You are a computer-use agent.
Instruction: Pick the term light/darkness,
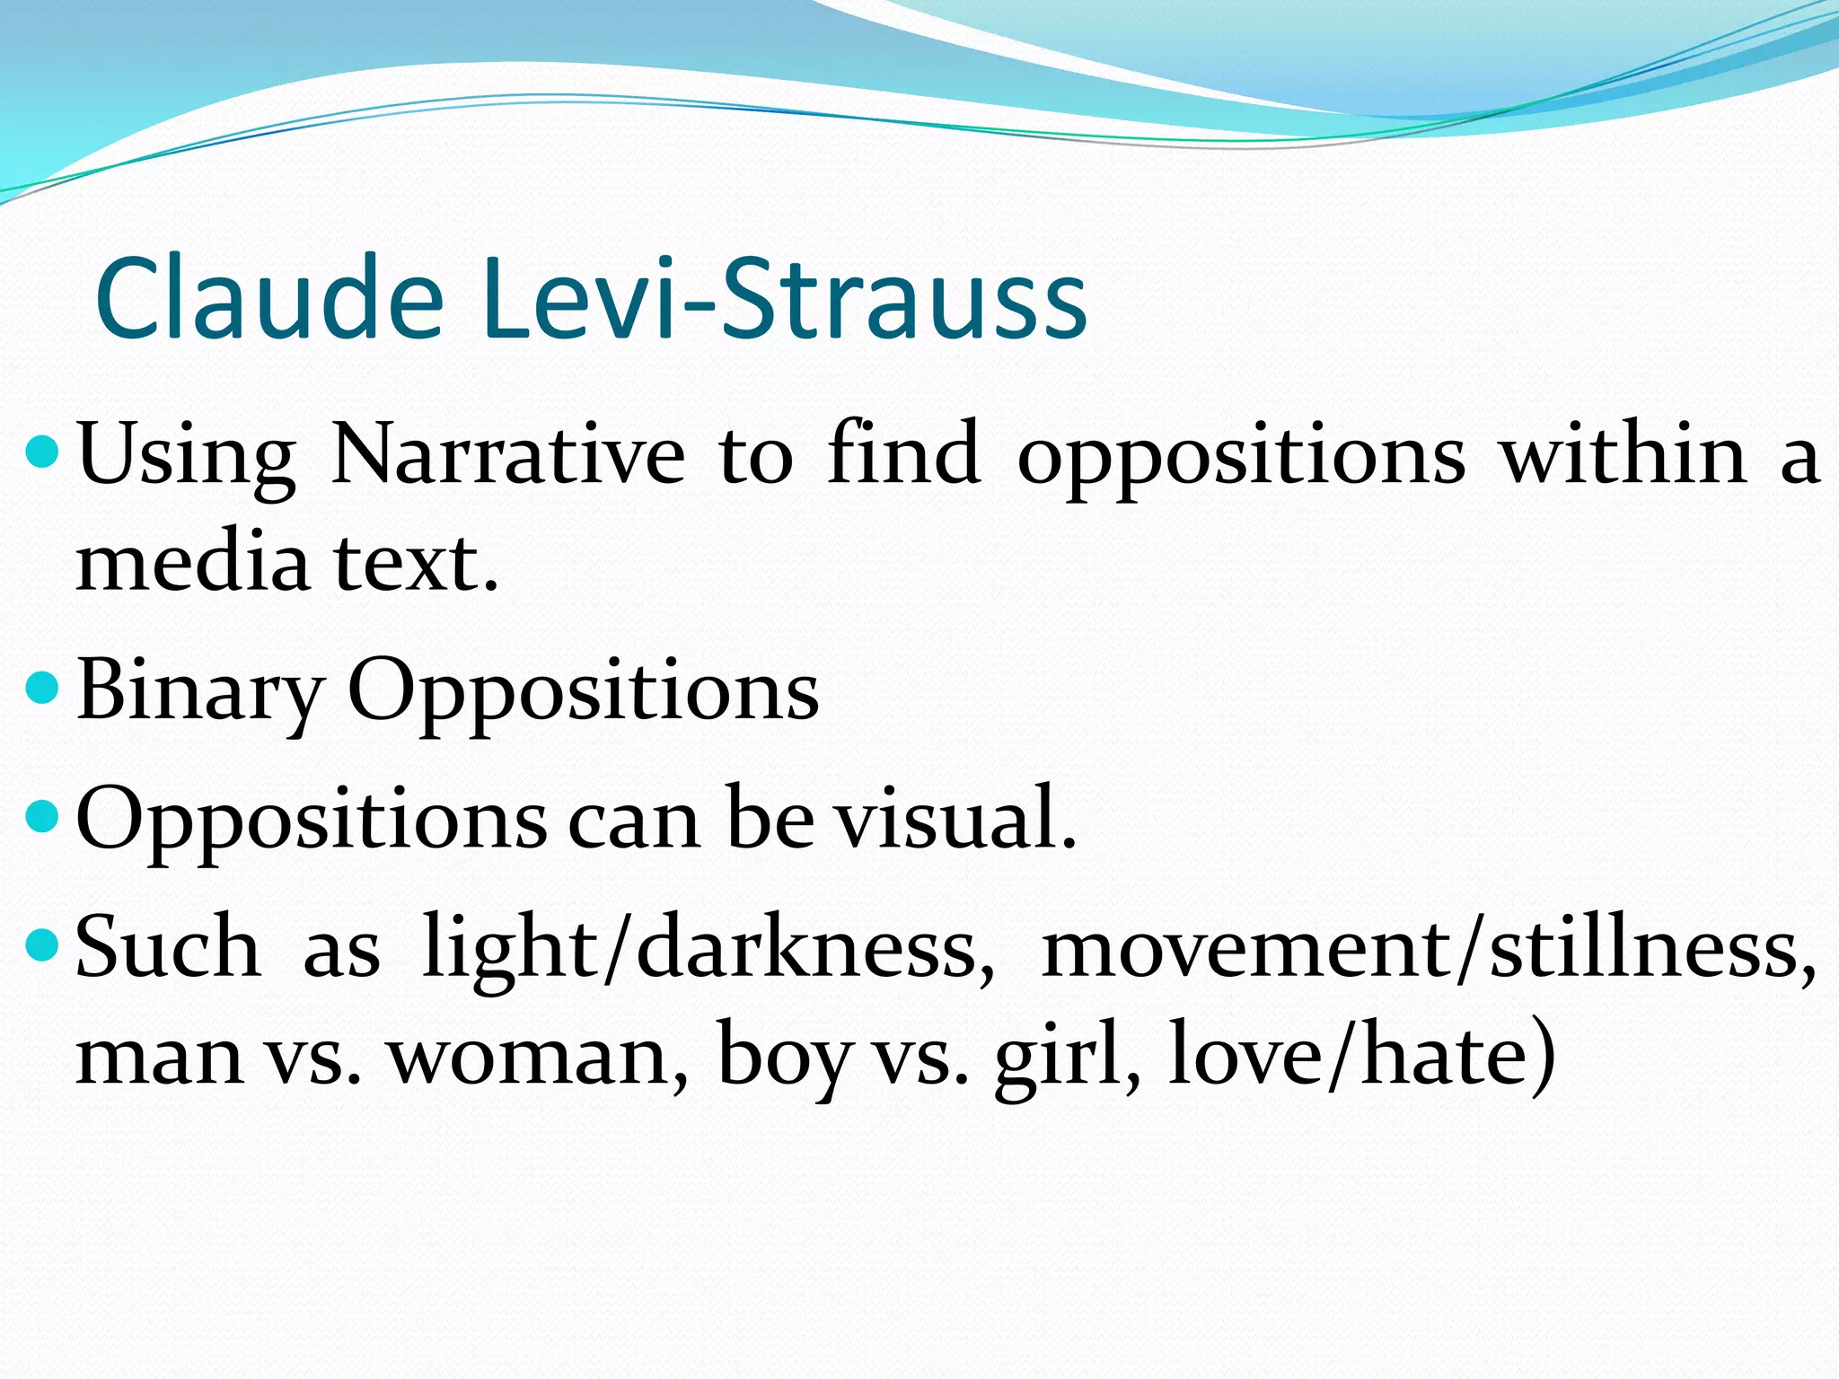708,947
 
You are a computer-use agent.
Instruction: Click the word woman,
538,1055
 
